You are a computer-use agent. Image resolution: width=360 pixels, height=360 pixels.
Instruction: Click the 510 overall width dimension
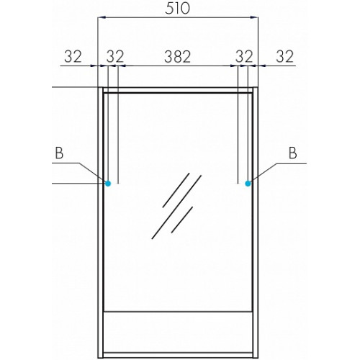(x=177, y=9)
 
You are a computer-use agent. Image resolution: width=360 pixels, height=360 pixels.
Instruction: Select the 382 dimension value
(x=178, y=57)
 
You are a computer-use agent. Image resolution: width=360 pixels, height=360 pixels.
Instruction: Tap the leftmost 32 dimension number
(x=73, y=57)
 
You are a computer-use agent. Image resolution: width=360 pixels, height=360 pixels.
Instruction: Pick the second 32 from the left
(x=115, y=57)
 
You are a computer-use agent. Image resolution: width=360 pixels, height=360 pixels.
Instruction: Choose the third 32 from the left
(x=244, y=57)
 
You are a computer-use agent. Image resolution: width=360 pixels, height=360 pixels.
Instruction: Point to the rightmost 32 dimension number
(x=285, y=57)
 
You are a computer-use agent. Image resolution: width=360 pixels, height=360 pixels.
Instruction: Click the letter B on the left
(x=59, y=153)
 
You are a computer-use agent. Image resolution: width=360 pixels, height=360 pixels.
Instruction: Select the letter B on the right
(x=292, y=153)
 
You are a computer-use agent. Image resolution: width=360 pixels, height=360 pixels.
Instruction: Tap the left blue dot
(x=108, y=184)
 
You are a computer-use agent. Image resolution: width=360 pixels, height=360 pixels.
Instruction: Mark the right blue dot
(x=248, y=184)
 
